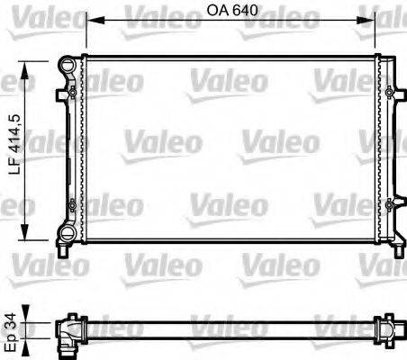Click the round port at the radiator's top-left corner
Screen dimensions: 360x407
(x=67, y=66)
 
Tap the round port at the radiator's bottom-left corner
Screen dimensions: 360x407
(x=67, y=235)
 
